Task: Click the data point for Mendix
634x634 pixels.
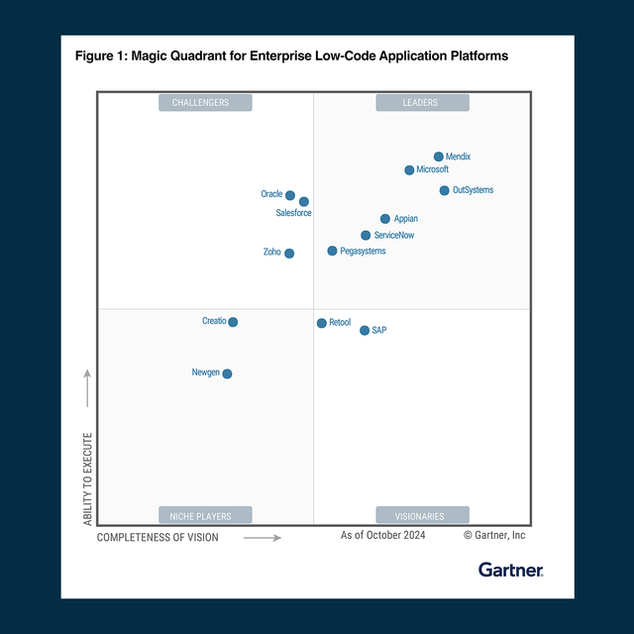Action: point(439,157)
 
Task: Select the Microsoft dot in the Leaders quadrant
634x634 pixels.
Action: point(409,170)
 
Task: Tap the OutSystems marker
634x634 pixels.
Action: point(445,190)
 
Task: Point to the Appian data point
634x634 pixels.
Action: point(385,219)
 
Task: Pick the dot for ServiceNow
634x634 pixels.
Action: point(366,236)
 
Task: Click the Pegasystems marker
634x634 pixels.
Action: point(332,252)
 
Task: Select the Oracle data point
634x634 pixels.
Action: point(290,195)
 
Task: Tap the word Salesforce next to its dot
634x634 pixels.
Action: point(293,213)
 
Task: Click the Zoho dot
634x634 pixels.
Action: point(289,254)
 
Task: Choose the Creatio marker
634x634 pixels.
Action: point(233,322)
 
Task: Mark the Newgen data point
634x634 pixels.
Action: point(228,373)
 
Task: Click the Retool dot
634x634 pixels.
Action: point(321,323)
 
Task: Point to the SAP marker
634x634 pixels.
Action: point(365,331)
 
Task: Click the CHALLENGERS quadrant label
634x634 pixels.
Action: point(205,103)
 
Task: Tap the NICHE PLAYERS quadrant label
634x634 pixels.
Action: point(205,515)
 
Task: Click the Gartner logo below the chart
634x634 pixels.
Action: point(510,570)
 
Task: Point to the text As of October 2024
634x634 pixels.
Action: point(383,536)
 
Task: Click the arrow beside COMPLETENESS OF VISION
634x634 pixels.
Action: point(263,538)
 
